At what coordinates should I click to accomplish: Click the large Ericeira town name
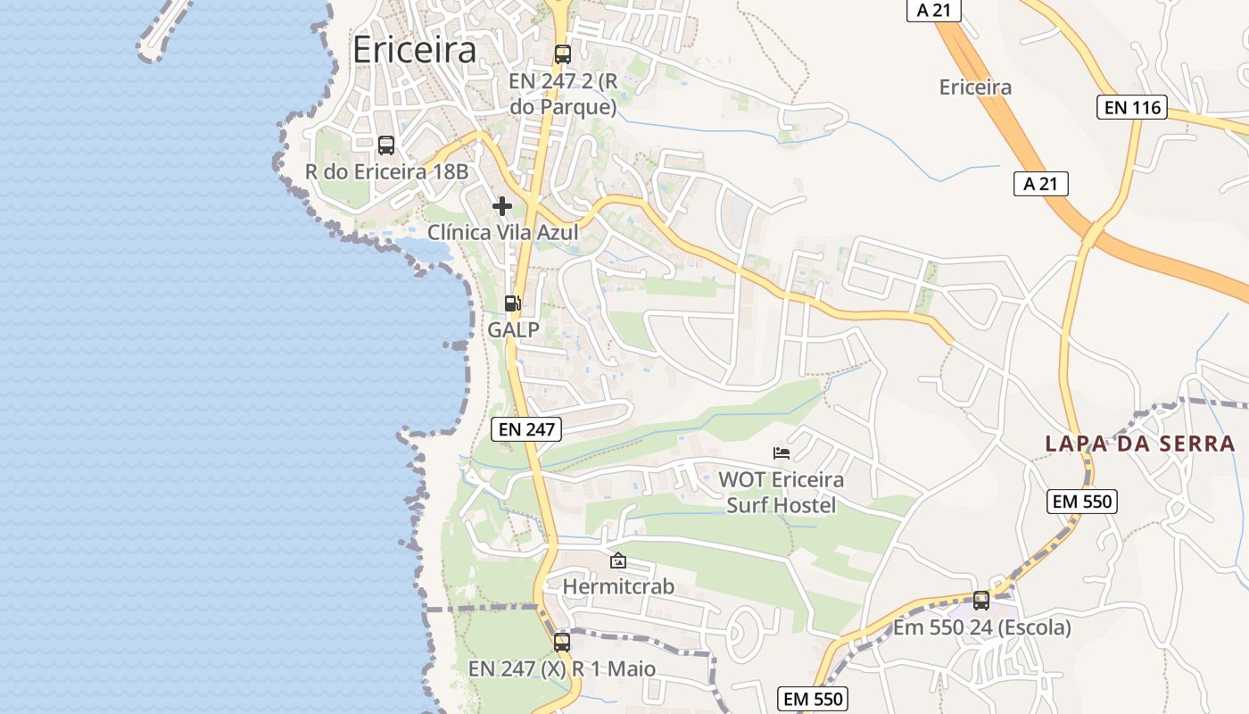[x=414, y=50]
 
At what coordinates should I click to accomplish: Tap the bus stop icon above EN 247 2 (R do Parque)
[x=562, y=54]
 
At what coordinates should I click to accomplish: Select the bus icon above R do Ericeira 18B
[x=386, y=145]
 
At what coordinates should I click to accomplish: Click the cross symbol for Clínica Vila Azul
[x=502, y=206]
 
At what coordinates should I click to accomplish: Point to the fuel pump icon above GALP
[x=512, y=303]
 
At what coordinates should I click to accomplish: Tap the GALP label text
[x=513, y=329]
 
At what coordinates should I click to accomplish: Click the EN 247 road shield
[x=526, y=428]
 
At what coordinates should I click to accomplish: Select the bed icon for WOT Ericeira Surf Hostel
[x=782, y=453]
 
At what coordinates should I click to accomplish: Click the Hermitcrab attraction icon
[x=617, y=560]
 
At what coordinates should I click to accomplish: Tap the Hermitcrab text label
[x=617, y=587]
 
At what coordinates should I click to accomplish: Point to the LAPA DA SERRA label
[x=1139, y=444]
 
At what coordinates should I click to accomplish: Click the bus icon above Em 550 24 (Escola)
[x=981, y=600]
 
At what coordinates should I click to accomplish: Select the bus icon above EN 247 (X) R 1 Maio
[x=562, y=642]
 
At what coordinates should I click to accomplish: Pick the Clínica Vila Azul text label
[x=502, y=233]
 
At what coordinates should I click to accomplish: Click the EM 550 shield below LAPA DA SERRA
[x=1082, y=502]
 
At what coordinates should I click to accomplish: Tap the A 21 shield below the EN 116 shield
[x=1040, y=184]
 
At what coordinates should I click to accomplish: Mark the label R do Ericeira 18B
[x=386, y=171]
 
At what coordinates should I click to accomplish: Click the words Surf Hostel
[x=782, y=505]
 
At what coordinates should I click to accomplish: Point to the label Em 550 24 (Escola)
[x=982, y=627]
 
